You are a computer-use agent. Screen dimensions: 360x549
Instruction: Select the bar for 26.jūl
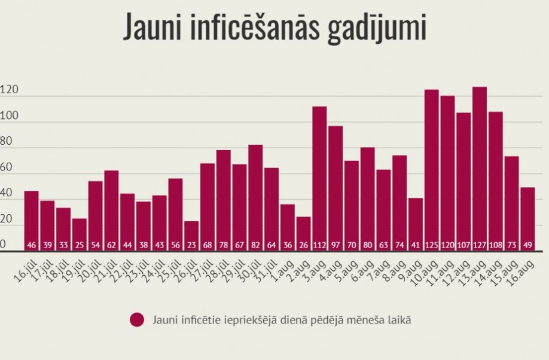pyautogui.click(x=191, y=236)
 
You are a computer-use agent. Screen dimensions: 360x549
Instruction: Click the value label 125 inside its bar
pyautogui.click(x=432, y=245)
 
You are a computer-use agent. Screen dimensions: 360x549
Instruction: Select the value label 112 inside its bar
pyautogui.click(x=319, y=245)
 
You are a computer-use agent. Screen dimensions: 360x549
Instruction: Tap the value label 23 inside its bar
pyautogui.click(x=191, y=245)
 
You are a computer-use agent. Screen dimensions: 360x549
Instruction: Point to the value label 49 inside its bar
pyautogui.click(x=527, y=245)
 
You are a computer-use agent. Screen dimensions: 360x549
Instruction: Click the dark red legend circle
pyautogui.click(x=137, y=320)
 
